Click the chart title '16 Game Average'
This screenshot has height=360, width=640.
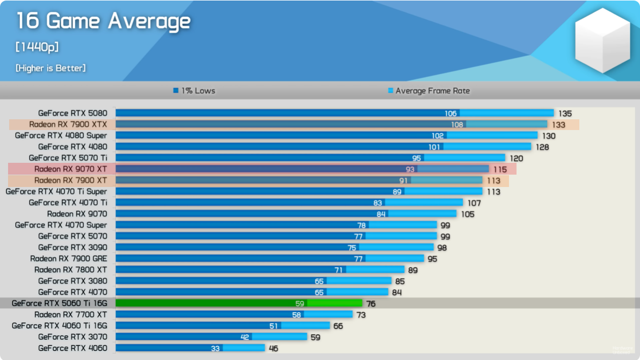103,21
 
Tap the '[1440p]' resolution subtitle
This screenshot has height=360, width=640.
37,47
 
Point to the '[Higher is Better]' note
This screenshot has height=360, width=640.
50,68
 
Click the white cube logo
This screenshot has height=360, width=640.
602,41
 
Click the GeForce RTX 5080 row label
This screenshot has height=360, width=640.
72,113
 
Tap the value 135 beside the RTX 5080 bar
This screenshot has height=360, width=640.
565,113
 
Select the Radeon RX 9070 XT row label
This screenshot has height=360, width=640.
70,169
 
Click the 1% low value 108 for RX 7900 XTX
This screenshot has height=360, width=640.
457,125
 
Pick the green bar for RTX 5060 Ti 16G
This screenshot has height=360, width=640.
239,303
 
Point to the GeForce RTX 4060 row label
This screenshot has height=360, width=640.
72,348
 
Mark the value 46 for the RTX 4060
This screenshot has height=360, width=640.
273,348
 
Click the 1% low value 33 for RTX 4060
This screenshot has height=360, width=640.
215,348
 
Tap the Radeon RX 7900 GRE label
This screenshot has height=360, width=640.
68,258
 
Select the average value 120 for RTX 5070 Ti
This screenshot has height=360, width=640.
516,158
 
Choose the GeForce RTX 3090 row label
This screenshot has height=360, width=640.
72,247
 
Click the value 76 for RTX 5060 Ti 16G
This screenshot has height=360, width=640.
371,304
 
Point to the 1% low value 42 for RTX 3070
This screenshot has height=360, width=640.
245,337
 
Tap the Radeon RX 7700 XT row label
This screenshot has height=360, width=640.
70,314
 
